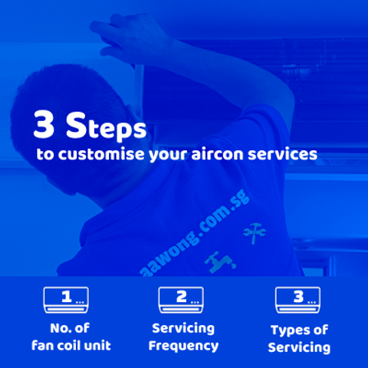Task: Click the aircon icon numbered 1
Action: click(x=67, y=300)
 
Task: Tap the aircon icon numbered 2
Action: click(x=181, y=300)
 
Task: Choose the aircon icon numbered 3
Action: click(x=298, y=300)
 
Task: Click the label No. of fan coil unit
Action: click(x=71, y=337)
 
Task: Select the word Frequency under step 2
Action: click(x=182, y=345)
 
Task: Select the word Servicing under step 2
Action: click(x=182, y=328)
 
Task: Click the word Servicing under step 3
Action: click(x=299, y=347)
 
